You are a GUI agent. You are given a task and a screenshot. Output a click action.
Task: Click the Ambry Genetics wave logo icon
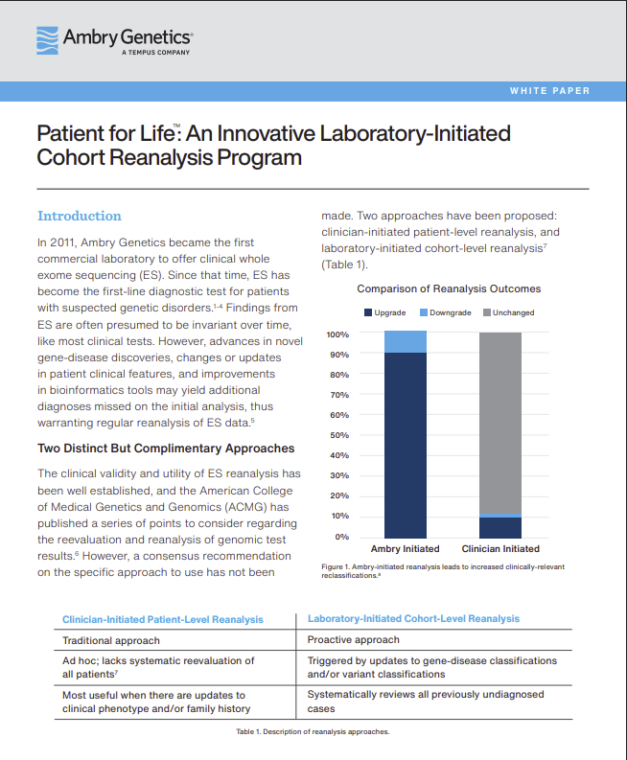coord(48,40)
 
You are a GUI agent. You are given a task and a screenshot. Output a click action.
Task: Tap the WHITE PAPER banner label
coord(550,91)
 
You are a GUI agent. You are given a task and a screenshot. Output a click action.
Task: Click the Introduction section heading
coord(80,216)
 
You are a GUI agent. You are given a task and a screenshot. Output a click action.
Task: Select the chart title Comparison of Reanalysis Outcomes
coord(449,288)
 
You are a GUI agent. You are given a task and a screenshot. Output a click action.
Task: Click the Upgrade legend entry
coord(385,312)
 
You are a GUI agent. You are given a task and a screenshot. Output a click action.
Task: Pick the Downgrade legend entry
coord(446,312)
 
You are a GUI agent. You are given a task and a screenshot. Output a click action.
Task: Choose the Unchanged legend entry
coord(509,312)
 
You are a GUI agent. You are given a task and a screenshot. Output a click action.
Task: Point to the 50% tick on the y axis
coord(339,435)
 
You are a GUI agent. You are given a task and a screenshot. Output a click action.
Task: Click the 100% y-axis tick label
coord(337,334)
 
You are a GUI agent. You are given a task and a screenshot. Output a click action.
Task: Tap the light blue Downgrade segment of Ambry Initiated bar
coord(406,342)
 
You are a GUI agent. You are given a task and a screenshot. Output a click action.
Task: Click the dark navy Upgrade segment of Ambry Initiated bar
coord(406,446)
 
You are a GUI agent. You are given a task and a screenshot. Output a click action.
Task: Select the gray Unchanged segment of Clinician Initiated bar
coord(500,424)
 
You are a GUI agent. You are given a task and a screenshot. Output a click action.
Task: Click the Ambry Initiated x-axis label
coord(405,548)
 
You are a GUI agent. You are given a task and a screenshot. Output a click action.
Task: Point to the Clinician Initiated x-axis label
coord(500,548)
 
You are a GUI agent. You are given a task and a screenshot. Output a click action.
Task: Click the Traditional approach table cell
coord(111,641)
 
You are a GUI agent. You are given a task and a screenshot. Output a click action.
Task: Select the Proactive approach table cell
coord(354,640)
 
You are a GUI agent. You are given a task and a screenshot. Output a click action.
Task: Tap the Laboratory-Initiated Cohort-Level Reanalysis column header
coord(413,619)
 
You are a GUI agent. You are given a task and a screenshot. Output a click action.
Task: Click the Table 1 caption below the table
coord(313,731)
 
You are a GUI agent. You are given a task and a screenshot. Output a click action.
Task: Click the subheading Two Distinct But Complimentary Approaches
coord(166,449)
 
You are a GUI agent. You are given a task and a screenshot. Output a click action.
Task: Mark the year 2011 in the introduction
coord(63,242)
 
